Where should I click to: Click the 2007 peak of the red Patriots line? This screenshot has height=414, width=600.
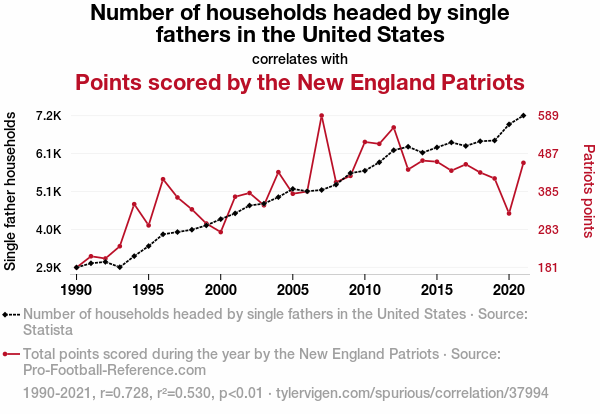point(322,116)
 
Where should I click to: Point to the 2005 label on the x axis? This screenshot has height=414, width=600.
point(292,289)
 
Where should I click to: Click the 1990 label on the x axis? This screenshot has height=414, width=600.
point(76,289)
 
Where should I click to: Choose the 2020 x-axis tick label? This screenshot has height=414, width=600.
point(509,289)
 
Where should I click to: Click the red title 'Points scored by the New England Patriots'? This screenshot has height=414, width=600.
point(300,82)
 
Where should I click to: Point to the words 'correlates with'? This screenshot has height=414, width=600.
point(300,57)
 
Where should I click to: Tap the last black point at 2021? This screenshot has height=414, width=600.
point(523,116)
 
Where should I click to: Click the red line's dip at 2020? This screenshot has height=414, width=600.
point(509,213)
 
